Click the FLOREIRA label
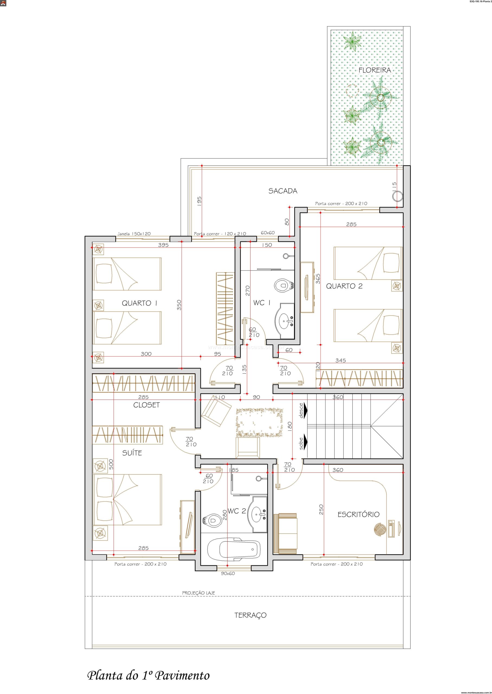375,70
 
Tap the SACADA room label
283,191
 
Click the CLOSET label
147,405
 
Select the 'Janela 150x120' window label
134,234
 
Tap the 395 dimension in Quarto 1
163,245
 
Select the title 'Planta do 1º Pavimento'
149,665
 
